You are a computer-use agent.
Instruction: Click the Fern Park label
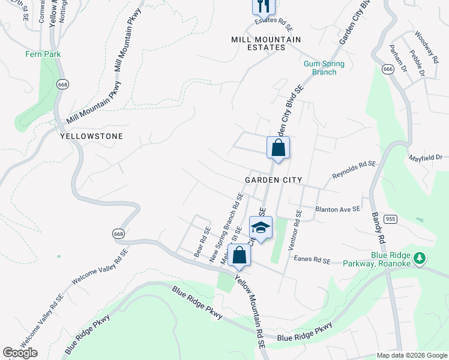point(43,54)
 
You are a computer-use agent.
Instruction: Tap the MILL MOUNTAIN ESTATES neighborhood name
point(266,43)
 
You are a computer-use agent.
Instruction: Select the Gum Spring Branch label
point(324,68)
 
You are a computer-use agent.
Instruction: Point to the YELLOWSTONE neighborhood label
point(92,136)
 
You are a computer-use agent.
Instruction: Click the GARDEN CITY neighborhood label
point(273,180)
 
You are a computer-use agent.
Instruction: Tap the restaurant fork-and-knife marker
point(263,6)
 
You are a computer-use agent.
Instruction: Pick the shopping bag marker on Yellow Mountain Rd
point(240,254)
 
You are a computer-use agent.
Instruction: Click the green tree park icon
point(420,257)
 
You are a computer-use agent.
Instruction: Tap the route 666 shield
point(387,70)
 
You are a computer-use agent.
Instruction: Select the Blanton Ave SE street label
point(337,209)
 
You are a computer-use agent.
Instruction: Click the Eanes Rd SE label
point(312,260)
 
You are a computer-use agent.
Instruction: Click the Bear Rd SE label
point(202,242)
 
